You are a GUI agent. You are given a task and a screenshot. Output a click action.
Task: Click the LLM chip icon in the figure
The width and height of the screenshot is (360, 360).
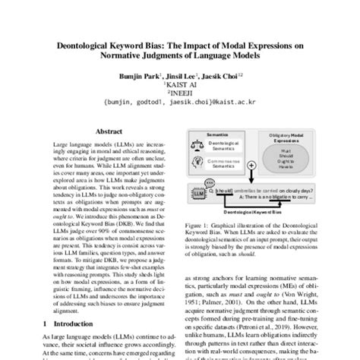point(200,196)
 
